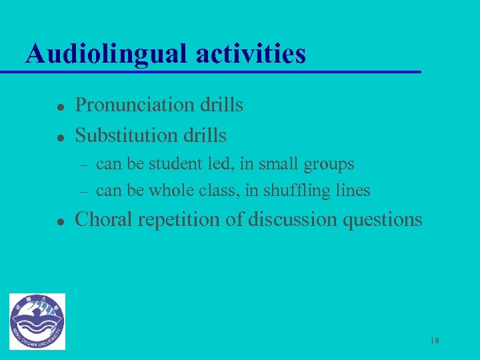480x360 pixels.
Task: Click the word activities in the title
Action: click(251, 53)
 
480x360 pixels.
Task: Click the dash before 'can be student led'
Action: click(84, 164)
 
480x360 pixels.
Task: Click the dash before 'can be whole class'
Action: click(84, 191)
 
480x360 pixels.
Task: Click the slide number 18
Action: click(435, 341)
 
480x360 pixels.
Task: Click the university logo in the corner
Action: click(38, 321)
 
